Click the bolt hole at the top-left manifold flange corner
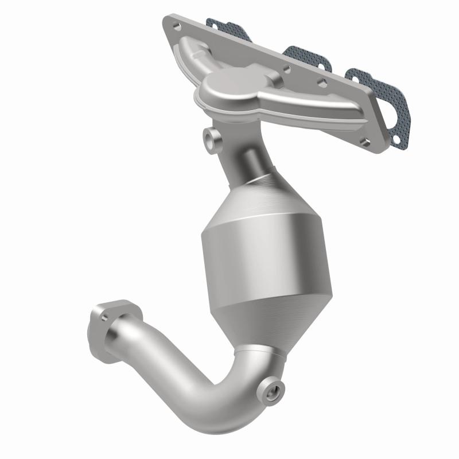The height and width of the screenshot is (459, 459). point(175,26)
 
